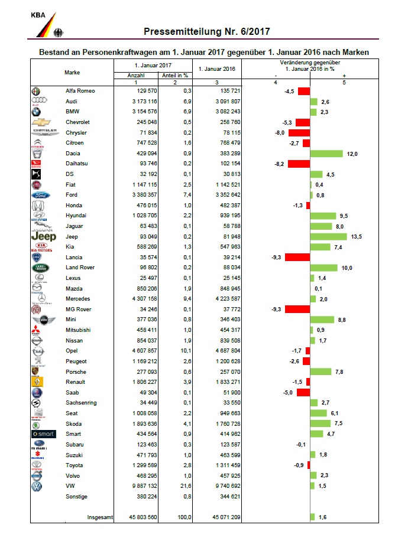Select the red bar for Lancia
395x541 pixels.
point(297,258)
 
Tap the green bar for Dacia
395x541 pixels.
point(326,154)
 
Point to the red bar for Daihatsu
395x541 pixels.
point(299,164)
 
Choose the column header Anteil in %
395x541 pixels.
point(174,76)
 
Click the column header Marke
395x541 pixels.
point(72,72)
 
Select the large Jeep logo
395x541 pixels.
point(44,236)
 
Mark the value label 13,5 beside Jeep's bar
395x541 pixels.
point(357,236)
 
